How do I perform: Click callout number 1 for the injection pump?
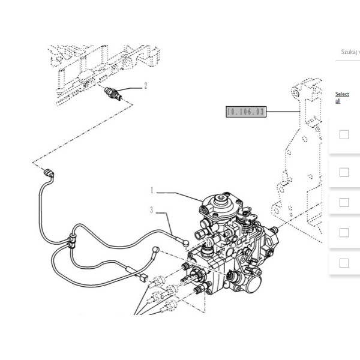pos(152,191)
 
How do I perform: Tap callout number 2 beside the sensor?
pos(145,86)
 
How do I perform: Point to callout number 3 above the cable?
pos(152,210)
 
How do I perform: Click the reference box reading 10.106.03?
pos(245,112)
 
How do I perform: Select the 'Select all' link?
pos(342,97)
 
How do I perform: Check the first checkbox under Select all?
pos(344,134)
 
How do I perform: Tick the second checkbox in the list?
pos(344,172)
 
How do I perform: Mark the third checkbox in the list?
pos(344,202)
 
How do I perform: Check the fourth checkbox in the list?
pos(344,232)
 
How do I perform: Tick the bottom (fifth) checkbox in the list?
pos(344,263)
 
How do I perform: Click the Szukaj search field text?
pos(348,52)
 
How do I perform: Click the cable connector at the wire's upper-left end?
pos(50,175)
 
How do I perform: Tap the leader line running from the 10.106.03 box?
pos(282,112)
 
